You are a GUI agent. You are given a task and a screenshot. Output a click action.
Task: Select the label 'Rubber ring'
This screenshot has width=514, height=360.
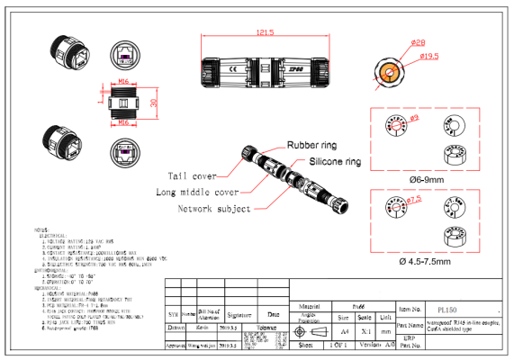click(x=313, y=144)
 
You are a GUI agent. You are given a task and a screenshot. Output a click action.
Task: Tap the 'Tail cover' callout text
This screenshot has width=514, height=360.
click(x=190, y=175)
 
